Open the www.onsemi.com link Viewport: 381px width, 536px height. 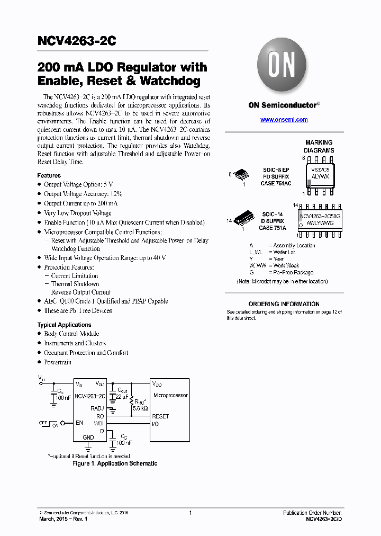(284, 120)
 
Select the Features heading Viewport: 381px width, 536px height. (49, 175)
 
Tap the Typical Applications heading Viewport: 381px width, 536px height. (64, 325)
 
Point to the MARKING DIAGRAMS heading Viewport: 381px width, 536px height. (319, 146)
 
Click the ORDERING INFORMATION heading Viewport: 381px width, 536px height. (284, 304)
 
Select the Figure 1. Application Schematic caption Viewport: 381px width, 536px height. (115, 463)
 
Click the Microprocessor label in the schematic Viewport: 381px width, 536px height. (170, 396)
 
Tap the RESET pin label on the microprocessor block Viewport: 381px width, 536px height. (160, 416)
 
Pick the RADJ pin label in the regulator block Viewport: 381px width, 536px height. (97, 408)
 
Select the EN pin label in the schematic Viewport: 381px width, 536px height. (79, 423)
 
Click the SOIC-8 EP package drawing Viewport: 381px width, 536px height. (241, 174)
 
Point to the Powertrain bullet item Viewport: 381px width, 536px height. (58, 362)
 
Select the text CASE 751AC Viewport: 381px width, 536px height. (276, 183)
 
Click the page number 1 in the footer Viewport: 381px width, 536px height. (190, 513)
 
